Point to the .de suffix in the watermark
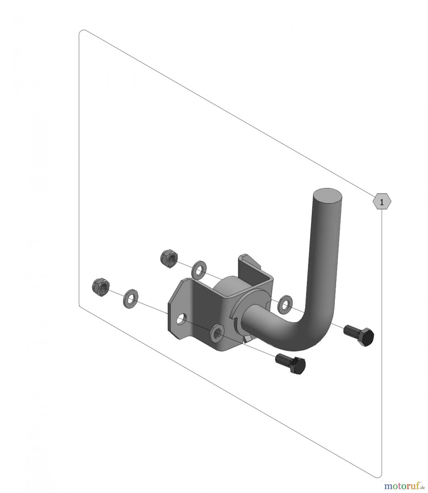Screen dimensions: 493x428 (x=422, y=487)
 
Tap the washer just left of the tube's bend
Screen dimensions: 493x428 (x=285, y=303)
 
